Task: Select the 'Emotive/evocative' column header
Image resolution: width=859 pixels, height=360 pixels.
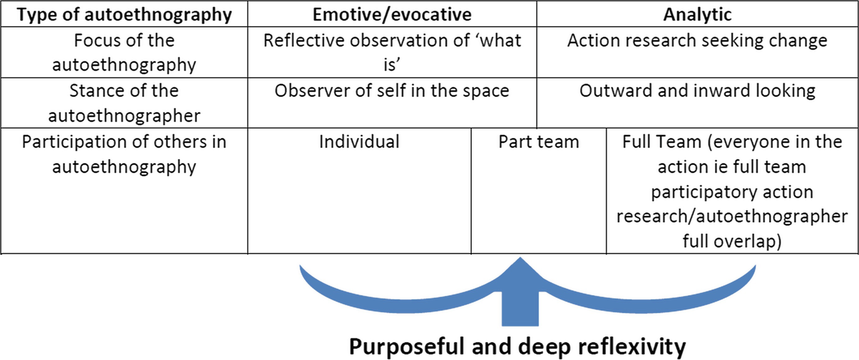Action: tap(392, 14)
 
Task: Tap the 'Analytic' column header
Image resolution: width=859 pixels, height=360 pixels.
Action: tap(697, 14)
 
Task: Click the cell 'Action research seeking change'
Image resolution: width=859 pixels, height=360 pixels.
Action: tap(697, 41)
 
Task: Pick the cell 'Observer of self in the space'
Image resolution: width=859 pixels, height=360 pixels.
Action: tap(392, 91)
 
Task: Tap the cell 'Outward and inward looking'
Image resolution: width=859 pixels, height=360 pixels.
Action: tap(697, 91)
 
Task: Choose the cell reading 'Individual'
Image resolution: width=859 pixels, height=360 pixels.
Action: tap(359, 142)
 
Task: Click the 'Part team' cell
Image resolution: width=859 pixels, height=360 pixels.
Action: tap(538, 142)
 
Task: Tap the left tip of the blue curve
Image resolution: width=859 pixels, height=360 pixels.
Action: tap(301, 268)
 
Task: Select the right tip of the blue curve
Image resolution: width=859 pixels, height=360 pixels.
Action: tap(754, 268)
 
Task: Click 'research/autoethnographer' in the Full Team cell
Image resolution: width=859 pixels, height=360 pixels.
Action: tap(732, 216)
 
